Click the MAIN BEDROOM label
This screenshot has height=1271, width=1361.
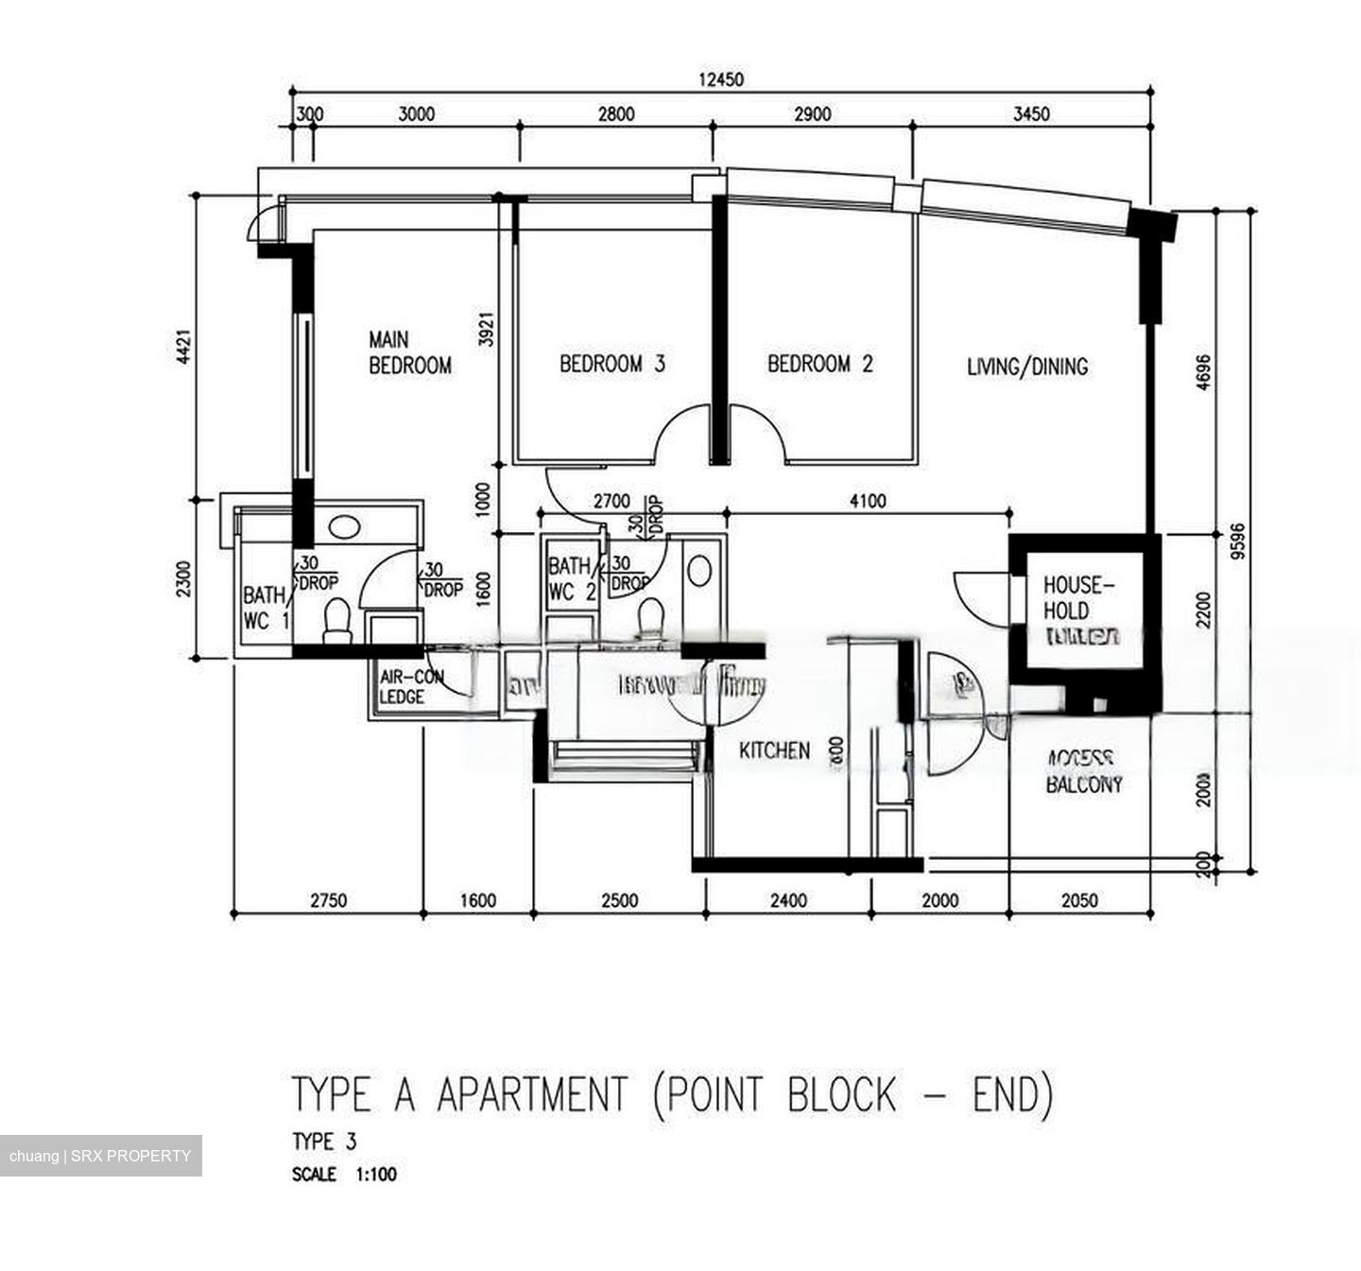click(409, 352)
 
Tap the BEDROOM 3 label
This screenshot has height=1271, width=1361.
click(612, 364)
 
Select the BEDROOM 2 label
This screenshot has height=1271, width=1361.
click(819, 364)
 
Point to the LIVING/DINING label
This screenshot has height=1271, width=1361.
click(1026, 367)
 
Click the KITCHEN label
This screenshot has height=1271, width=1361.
click(774, 750)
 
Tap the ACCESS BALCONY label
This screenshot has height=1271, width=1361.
click(1083, 771)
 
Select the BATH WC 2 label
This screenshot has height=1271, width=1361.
click(572, 579)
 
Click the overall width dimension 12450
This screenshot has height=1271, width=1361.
click(720, 79)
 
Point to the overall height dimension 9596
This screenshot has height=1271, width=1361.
click(1239, 541)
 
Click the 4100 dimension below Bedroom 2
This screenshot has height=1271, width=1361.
click(868, 501)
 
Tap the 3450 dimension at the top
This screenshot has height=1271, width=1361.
click(1030, 114)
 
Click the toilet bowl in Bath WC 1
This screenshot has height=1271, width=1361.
click(336, 619)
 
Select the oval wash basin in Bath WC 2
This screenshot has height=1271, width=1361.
click(699, 571)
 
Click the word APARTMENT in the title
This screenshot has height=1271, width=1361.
click(531, 1094)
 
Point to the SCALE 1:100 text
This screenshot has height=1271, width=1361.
click(344, 1175)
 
